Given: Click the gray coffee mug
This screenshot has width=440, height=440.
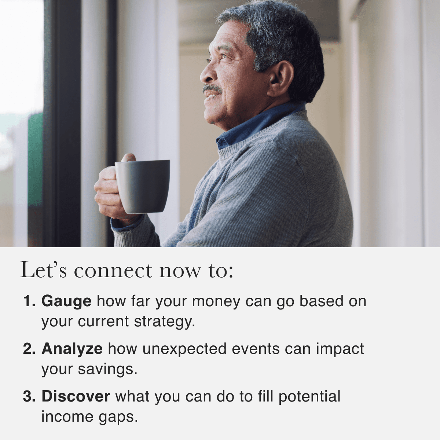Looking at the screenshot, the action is click(x=143, y=187).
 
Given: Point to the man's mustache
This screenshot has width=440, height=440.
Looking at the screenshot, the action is click(x=212, y=89).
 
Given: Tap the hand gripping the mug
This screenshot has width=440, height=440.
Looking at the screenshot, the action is click(x=110, y=190).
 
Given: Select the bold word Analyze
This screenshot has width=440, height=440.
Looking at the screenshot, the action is click(x=72, y=349).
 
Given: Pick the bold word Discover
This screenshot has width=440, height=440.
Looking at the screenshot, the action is click(x=76, y=397).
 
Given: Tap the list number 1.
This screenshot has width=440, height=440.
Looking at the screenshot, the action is click(x=29, y=301).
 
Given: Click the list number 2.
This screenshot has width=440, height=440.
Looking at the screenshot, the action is click(x=29, y=349).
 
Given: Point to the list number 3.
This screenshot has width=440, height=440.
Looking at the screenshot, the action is click(x=29, y=396).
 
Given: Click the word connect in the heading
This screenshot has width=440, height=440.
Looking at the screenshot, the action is click(x=113, y=271).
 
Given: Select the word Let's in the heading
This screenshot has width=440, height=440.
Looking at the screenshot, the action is click(x=44, y=269).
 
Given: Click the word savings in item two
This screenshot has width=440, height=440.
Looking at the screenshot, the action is click(x=107, y=370).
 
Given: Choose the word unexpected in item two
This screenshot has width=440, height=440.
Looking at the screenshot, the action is click(x=184, y=349).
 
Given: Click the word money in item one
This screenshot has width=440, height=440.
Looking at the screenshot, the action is click(x=216, y=302).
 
